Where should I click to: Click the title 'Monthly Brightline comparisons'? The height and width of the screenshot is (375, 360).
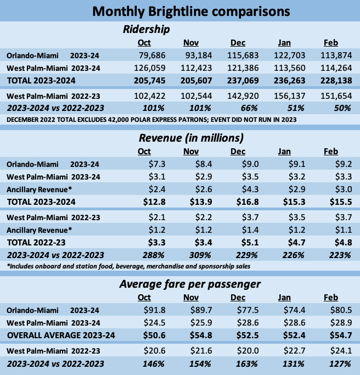(x=180, y=11)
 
